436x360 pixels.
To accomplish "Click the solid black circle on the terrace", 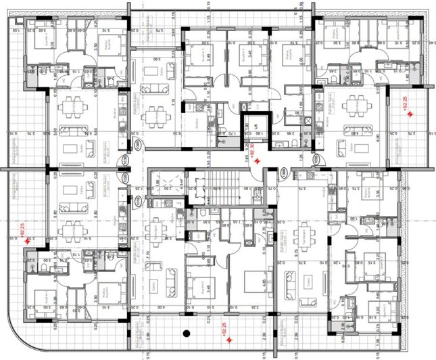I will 185,333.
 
